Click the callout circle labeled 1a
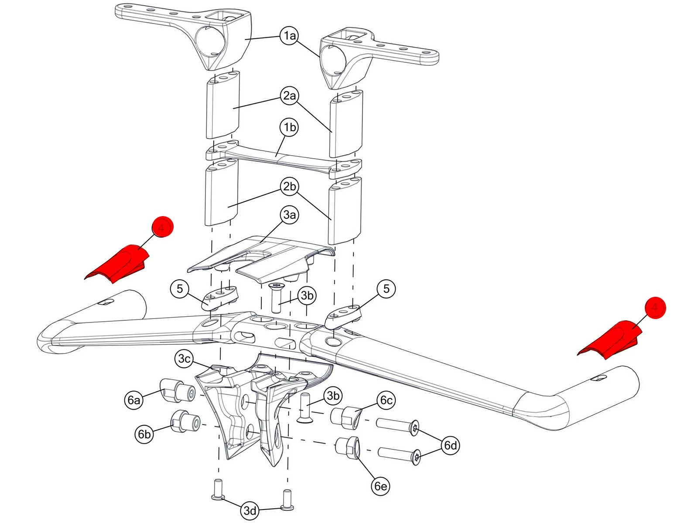click(x=290, y=36)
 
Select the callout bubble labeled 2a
click(x=290, y=95)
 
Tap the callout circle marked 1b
click(x=290, y=127)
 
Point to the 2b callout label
click(x=290, y=187)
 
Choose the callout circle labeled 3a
click(x=290, y=214)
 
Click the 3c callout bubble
click(x=185, y=359)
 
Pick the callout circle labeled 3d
click(x=250, y=510)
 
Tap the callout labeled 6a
click(x=133, y=400)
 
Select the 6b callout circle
click(x=144, y=434)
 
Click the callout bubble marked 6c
click(x=387, y=400)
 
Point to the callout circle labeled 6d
click(x=450, y=445)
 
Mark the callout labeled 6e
click(x=380, y=486)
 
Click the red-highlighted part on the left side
click(x=118, y=264)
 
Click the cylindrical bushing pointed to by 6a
click(x=178, y=391)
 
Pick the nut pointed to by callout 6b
click(x=185, y=421)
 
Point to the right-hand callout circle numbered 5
click(x=386, y=289)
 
